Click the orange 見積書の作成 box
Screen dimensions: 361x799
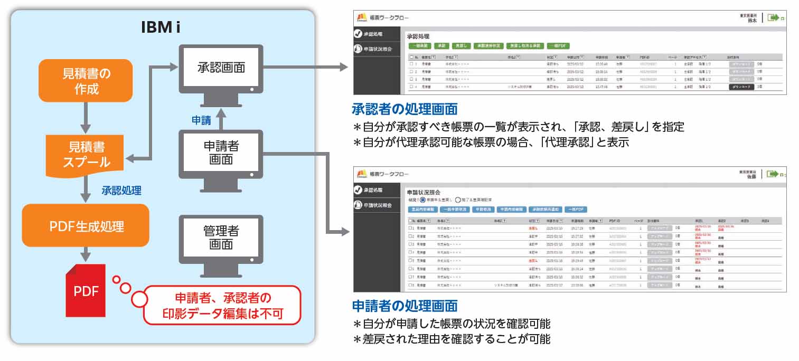pyautogui.click(x=86, y=80)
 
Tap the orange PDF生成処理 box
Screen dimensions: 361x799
pyautogui.click(x=86, y=226)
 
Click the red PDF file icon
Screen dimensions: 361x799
pyautogui.click(x=86, y=290)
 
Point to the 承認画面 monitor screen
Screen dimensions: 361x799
pyautogui.click(x=221, y=68)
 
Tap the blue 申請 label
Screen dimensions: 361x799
pyautogui.click(x=201, y=120)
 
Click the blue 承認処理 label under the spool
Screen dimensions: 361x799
pyautogui.click(x=121, y=191)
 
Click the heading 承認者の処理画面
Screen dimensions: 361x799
pyautogui.click(x=405, y=109)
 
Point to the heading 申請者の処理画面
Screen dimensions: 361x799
pyautogui.click(x=405, y=306)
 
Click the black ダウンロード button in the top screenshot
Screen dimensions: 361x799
pyautogui.click(x=741, y=86)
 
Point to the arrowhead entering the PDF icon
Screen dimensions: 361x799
pyautogui.click(x=86, y=258)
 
